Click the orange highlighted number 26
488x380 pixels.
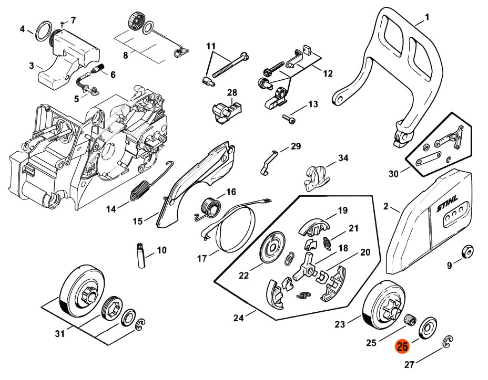pyautogui.click(x=402, y=347)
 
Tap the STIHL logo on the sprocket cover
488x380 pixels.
pyautogui.click(x=448, y=206)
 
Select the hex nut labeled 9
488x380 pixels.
pyautogui.click(x=466, y=251)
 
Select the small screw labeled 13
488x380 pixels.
pyautogui.click(x=288, y=117)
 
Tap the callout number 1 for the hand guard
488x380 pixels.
pyautogui.click(x=427, y=17)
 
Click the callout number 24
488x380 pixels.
pyautogui.click(x=238, y=318)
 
